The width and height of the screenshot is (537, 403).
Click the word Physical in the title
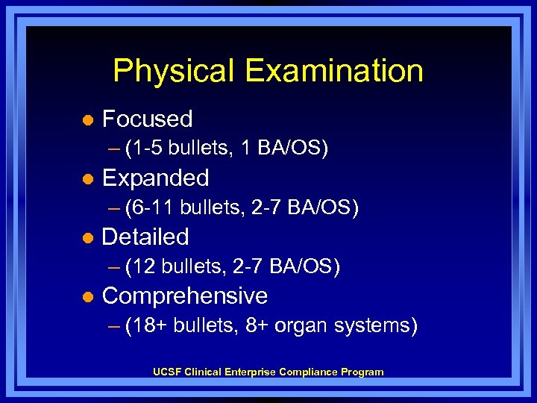coord(174,72)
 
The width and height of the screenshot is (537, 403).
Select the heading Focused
coord(147,119)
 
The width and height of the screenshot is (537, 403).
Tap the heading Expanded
coord(155,178)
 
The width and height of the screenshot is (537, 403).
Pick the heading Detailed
coord(145,237)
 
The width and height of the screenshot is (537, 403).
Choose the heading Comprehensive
coord(184,296)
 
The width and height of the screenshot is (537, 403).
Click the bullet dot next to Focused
coord(87,120)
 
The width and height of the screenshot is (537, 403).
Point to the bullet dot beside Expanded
coord(87,179)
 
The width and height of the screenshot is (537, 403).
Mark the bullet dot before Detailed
coord(87,238)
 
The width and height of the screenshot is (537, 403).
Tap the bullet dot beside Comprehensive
coord(87,297)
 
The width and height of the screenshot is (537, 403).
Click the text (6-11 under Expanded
coord(151,207)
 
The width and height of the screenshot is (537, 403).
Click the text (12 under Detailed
coord(142,266)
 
